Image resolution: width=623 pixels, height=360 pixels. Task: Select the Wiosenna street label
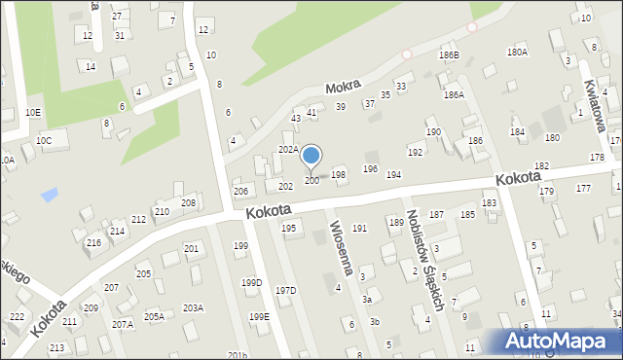[x=348, y=247]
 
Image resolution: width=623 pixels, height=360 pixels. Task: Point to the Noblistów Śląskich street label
[x=424, y=263]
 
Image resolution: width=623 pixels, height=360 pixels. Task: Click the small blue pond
[x=49, y=195]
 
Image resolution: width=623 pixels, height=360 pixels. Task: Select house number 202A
[x=288, y=150]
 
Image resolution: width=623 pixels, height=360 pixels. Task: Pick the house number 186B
[x=449, y=55]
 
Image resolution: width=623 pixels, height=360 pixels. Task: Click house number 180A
[x=517, y=53]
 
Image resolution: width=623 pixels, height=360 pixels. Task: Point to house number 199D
[x=251, y=283]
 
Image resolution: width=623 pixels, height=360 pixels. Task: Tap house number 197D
[x=285, y=291]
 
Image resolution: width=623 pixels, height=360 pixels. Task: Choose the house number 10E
[x=33, y=113]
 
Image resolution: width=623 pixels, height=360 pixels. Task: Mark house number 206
[x=240, y=191]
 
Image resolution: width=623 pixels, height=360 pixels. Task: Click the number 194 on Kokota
[x=393, y=175]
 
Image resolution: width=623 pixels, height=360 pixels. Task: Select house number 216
[x=93, y=242]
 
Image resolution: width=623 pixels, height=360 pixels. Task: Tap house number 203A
[x=193, y=307]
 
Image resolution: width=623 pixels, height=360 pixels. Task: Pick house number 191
[x=359, y=229]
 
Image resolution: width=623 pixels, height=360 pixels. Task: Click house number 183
[x=489, y=203]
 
